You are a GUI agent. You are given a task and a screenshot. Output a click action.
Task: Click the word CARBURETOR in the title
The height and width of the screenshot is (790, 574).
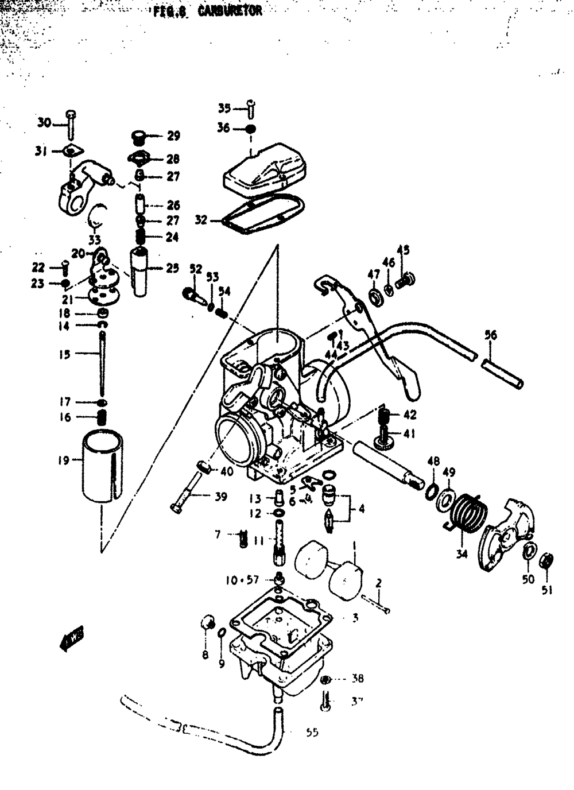pyautogui.click(x=230, y=11)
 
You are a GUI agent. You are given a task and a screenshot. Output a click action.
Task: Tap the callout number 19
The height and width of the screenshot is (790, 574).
pyautogui.click(x=63, y=460)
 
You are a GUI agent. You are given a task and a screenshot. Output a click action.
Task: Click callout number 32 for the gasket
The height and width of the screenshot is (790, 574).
pyautogui.click(x=201, y=219)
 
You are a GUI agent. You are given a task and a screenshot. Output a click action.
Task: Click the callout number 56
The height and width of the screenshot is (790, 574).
pyautogui.click(x=491, y=335)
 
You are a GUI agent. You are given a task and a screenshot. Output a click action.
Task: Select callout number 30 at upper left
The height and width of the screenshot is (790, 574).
pyautogui.click(x=44, y=122)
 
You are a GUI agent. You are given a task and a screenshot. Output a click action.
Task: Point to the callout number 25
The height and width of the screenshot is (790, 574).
pyautogui.click(x=173, y=268)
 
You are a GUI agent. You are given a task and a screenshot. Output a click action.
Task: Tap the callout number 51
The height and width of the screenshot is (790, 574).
pyautogui.click(x=547, y=589)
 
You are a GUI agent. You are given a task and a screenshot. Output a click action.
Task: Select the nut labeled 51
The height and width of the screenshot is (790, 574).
pyautogui.click(x=547, y=560)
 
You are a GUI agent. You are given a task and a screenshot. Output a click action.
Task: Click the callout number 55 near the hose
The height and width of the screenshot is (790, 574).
pyautogui.click(x=312, y=732)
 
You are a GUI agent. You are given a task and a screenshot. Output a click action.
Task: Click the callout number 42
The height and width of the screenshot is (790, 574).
pyautogui.click(x=410, y=415)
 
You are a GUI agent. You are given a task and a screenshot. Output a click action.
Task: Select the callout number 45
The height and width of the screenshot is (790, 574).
pyautogui.click(x=404, y=250)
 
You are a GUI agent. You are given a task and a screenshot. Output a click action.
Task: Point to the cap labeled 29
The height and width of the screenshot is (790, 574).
pyautogui.click(x=138, y=137)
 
